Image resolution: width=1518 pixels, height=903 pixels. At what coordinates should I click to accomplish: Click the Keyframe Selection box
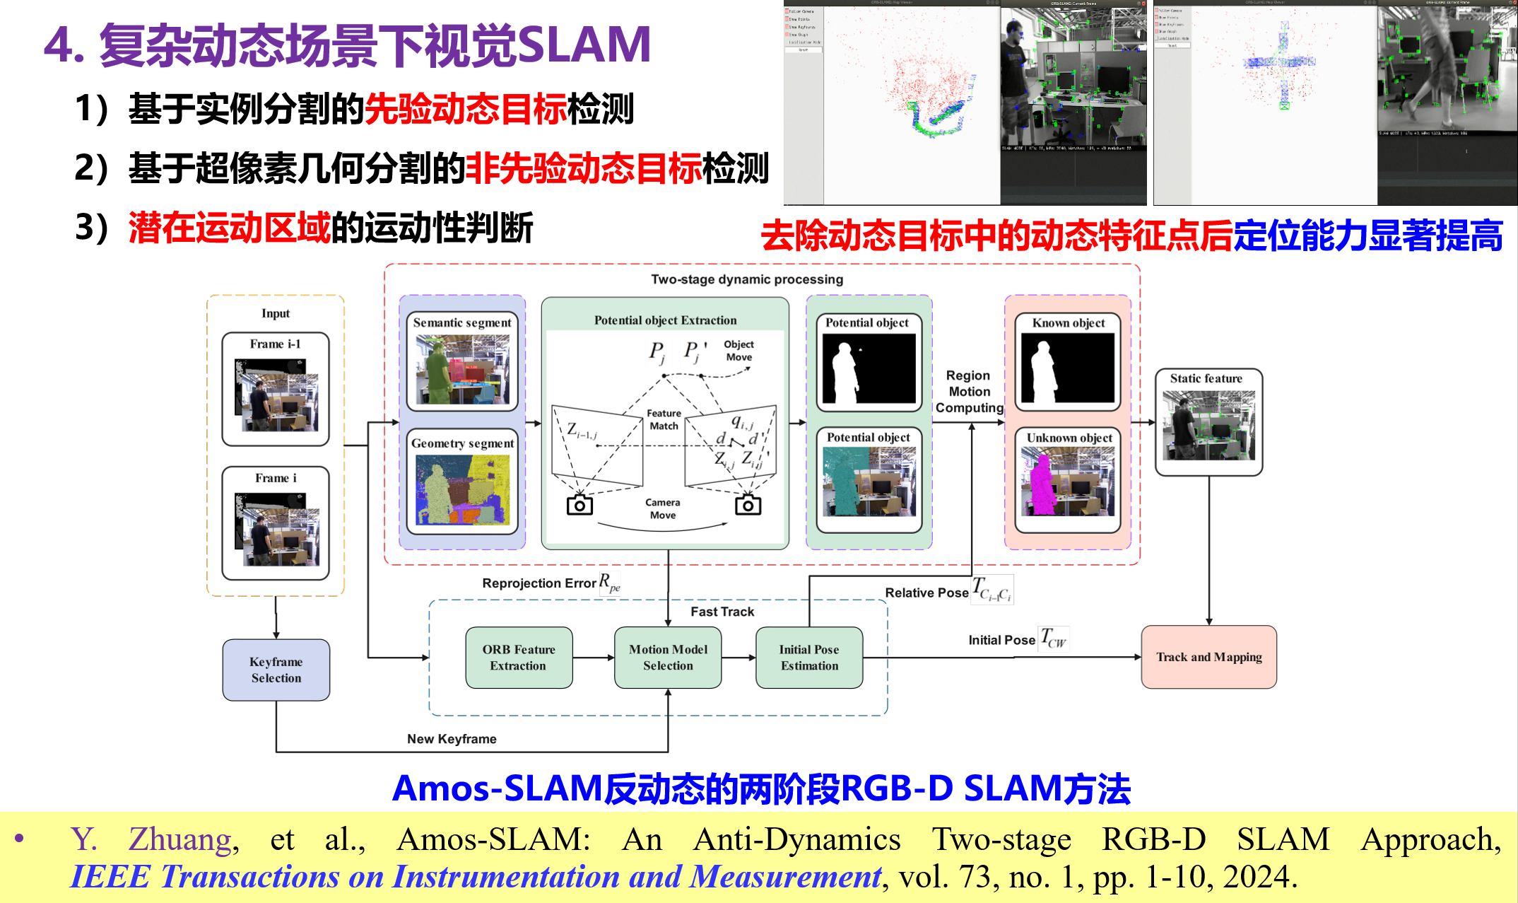(276, 670)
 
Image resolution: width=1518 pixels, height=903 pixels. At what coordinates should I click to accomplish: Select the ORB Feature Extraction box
(519, 658)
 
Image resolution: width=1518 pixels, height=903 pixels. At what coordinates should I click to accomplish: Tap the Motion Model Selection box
(668, 658)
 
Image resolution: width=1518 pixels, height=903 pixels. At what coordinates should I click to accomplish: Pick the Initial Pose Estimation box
(809, 658)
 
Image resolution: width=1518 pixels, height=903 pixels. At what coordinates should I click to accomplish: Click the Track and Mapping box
(1208, 657)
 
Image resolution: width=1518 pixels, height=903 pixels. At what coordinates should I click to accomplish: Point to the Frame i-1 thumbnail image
(276, 395)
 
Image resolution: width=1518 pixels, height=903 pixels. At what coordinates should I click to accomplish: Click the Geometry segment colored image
(462, 489)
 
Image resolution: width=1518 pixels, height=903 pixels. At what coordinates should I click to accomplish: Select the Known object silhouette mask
(1068, 368)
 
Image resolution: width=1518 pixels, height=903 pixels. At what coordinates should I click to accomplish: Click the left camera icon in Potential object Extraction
(579, 505)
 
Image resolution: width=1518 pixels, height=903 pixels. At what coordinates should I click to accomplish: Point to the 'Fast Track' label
(722, 612)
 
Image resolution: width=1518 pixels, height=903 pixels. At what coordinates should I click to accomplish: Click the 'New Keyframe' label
(452, 739)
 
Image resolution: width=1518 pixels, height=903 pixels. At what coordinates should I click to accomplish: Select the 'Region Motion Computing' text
(969, 392)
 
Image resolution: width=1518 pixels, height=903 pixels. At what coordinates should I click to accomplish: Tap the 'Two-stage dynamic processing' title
(747, 279)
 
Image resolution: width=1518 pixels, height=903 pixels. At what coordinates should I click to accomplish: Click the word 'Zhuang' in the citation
(180, 839)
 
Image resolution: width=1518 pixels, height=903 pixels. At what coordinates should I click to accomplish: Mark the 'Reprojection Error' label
(539, 583)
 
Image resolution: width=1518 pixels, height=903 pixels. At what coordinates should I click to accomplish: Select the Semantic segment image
(462, 369)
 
